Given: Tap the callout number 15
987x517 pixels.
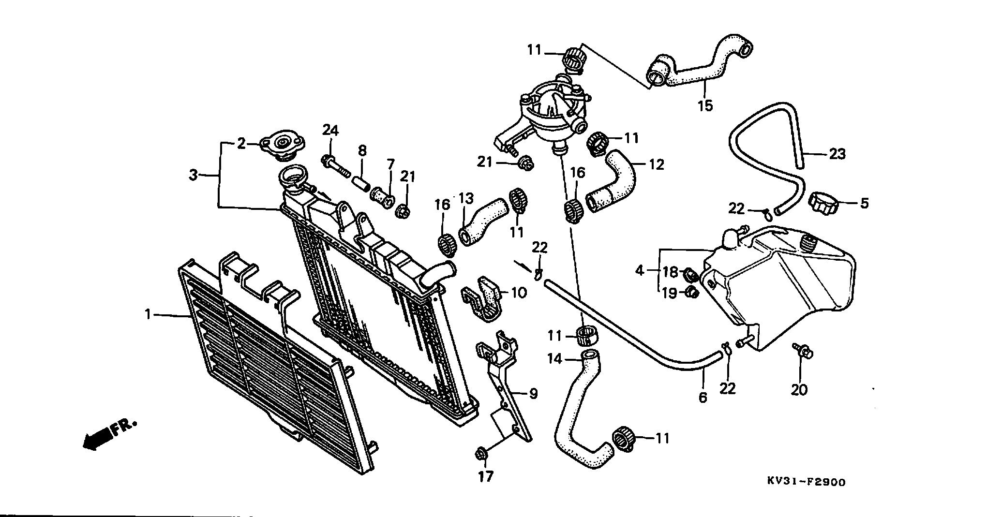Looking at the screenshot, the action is click(705, 105).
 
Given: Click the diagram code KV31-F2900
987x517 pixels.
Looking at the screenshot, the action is click(806, 482).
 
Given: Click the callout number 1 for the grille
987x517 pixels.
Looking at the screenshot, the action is click(148, 315).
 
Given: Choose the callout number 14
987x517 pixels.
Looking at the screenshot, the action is click(555, 358).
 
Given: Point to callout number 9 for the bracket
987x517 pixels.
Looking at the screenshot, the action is click(533, 394).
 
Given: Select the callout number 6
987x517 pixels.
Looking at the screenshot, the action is click(703, 397).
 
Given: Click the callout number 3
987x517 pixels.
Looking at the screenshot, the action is click(194, 175).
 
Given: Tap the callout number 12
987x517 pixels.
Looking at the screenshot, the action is click(657, 164).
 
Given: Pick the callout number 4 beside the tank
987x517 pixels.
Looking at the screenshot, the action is click(640, 270).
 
